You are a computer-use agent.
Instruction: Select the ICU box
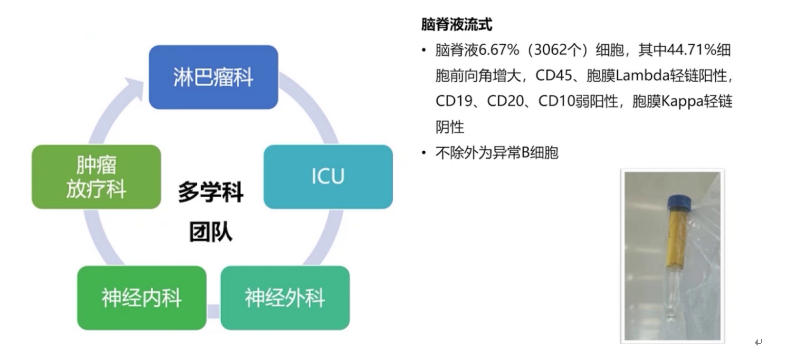(327, 177)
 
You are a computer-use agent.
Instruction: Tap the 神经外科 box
(284, 298)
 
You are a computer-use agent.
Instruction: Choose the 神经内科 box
(142, 298)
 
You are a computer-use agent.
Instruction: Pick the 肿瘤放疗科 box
(95, 177)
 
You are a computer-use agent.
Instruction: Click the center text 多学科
(209, 191)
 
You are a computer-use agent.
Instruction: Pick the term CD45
(552, 76)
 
